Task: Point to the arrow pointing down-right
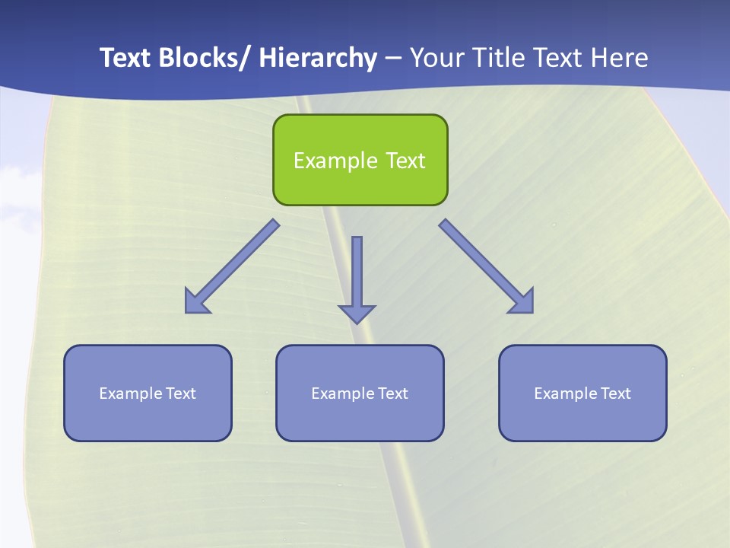(487, 266)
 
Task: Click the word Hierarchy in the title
(317, 58)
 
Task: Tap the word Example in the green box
(335, 161)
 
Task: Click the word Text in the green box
(405, 161)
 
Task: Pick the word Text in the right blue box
(616, 393)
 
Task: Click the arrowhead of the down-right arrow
(523, 302)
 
